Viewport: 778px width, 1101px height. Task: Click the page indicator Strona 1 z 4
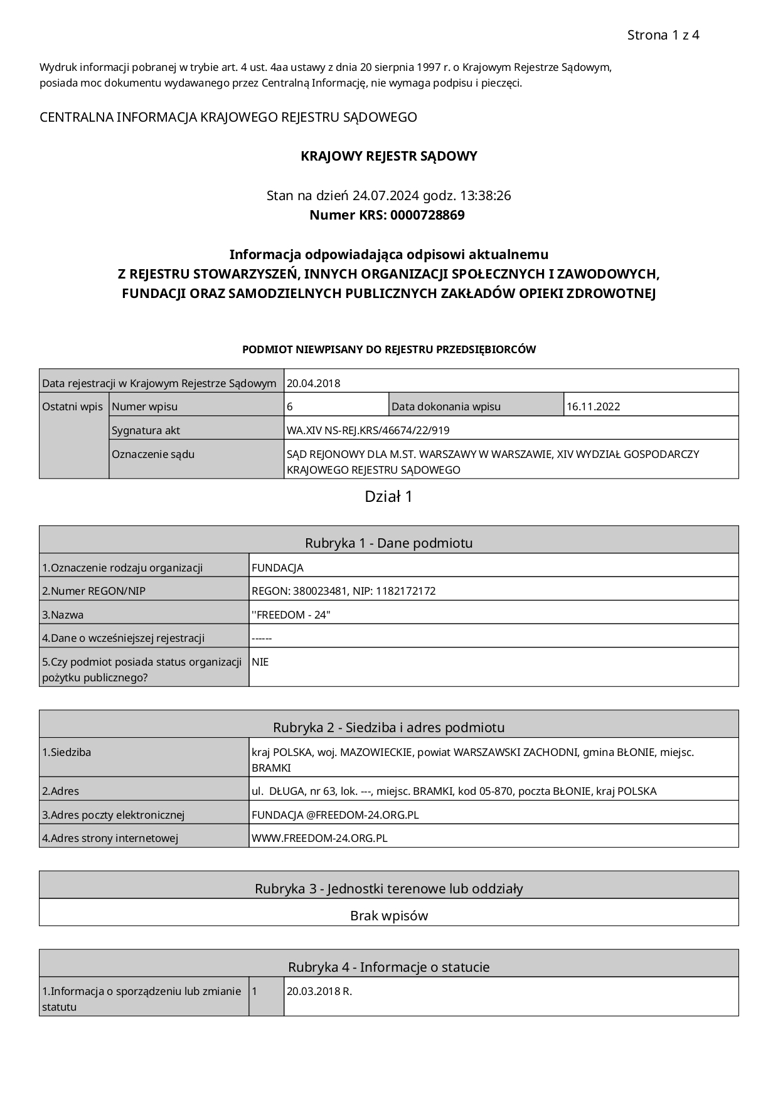(663, 35)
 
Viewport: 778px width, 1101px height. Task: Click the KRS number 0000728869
(427, 215)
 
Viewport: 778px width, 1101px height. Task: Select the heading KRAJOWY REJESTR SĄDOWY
(389, 156)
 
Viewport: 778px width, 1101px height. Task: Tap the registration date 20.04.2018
(314, 383)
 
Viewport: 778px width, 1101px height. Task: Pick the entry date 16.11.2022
(593, 407)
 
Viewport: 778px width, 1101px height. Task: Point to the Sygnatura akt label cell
(146, 430)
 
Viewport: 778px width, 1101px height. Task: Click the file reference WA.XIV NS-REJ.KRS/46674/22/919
(368, 430)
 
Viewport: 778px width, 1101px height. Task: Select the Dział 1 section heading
(389, 497)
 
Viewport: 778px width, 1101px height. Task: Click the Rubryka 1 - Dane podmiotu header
(389, 543)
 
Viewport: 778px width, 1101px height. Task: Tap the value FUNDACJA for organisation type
(277, 568)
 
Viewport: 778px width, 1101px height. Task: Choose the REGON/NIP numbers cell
(344, 591)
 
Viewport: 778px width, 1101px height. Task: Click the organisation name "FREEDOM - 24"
(291, 615)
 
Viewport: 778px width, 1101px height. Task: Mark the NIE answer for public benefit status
(260, 662)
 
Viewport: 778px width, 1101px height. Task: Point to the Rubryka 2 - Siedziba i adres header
(389, 727)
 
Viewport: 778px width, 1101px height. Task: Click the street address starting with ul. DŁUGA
(454, 791)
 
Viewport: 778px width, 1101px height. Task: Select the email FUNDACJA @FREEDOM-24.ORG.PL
(335, 815)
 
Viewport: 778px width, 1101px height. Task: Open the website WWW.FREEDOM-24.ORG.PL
(319, 838)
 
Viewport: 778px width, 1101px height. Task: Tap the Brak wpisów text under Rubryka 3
(389, 915)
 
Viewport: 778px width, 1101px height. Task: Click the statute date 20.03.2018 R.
(319, 992)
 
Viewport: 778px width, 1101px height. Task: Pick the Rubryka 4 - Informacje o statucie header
(389, 967)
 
